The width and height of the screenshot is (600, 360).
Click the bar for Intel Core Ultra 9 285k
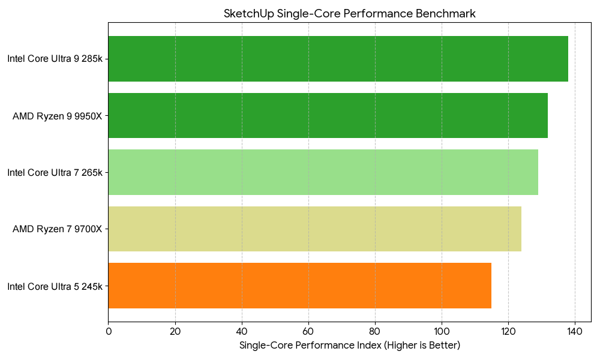tap(338, 59)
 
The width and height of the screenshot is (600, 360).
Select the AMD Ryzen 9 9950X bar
tap(328, 116)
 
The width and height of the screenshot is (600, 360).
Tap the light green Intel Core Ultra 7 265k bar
tap(323, 172)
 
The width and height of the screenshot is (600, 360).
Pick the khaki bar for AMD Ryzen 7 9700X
tap(314, 229)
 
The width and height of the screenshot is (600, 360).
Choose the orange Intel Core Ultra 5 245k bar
tap(299, 286)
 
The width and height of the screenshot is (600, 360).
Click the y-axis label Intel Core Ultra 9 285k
tap(55, 59)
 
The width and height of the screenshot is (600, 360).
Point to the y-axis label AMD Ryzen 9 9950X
tap(58, 116)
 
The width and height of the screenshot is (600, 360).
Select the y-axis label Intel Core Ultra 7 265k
tap(55, 172)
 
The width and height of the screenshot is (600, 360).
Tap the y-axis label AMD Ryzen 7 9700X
tap(58, 229)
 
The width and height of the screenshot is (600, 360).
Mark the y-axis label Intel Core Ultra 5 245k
tap(55, 286)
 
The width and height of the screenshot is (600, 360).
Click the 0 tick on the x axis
tap(109, 331)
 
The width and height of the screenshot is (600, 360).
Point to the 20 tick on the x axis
tap(175, 331)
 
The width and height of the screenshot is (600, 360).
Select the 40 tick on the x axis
tap(242, 331)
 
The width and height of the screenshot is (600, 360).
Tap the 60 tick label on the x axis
tap(308, 331)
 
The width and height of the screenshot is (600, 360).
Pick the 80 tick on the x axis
tap(375, 331)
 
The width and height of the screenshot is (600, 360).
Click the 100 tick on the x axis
tap(442, 331)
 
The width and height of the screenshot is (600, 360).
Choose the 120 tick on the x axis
tap(508, 331)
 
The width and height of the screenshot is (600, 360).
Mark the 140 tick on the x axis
tap(575, 331)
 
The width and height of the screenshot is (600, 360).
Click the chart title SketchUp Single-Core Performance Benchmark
tap(349, 14)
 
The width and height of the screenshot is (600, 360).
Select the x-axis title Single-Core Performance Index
tap(349, 346)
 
